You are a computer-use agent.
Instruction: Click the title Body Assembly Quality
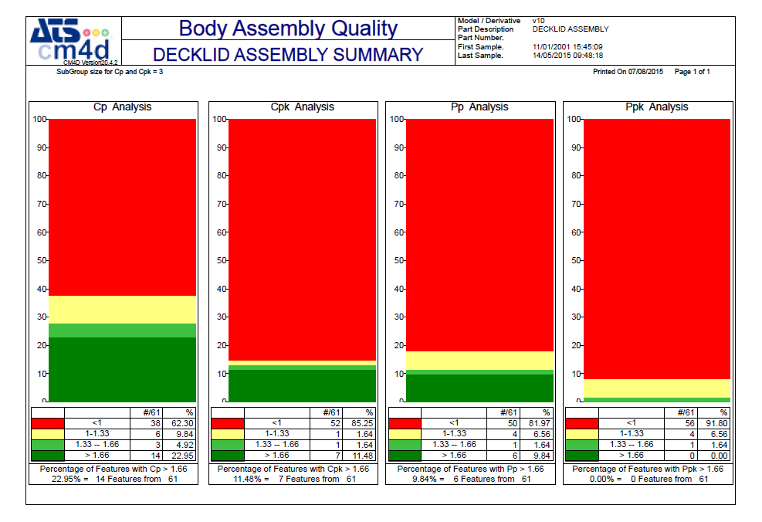tap(288, 29)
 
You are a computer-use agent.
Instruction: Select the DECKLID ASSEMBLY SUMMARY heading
tap(288, 55)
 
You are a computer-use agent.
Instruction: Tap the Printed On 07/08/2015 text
tap(628, 72)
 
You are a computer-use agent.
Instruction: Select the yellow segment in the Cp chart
tap(122, 310)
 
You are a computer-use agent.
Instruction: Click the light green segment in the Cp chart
tap(122, 330)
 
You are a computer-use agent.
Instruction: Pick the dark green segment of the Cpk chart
tap(302, 385)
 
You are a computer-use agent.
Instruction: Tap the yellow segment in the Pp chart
tap(479, 361)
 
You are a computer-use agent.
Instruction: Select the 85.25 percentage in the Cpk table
tap(363, 423)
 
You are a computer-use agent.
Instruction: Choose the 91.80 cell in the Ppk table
tap(718, 423)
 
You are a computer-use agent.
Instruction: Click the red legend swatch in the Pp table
tap(405, 423)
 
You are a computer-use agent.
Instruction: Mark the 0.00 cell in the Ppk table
tap(718, 456)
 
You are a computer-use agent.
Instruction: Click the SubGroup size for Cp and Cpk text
tap(109, 72)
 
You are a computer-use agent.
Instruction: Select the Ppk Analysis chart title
tap(656, 107)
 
